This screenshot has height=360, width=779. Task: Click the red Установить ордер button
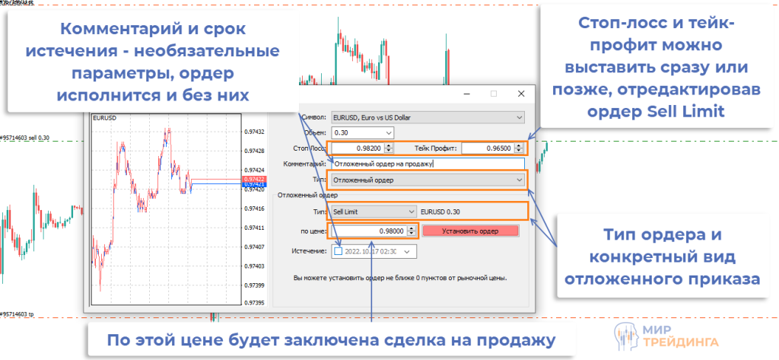(x=469, y=231)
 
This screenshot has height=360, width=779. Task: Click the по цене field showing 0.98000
(x=370, y=231)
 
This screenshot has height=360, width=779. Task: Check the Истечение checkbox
(x=339, y=251)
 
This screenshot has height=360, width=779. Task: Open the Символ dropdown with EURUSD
(x=426, y=117)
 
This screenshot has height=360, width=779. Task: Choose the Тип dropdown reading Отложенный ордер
(x=426, y=180)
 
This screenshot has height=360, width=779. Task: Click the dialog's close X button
(x=520, y=94)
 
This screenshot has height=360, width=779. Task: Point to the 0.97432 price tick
(x=254, y=131)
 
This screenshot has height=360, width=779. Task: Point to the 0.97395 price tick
(x=254, y=303)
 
